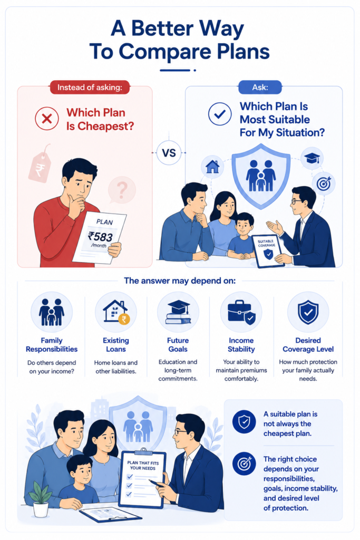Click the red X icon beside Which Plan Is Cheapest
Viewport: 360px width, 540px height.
47,119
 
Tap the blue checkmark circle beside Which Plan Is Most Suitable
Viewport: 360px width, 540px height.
220,114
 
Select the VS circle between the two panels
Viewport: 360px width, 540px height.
169,152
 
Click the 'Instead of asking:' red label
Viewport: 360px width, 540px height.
90,88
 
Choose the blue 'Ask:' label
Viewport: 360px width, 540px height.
260,88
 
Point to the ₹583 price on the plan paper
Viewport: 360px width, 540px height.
100,236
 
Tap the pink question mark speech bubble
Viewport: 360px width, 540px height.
121,190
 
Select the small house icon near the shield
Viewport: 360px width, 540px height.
212,167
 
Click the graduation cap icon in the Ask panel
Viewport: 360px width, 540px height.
312,158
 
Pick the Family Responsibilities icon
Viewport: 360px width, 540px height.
52,312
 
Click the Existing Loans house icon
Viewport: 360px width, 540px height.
116,312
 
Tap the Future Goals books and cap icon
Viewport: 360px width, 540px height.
178,312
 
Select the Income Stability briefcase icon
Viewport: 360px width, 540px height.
241,312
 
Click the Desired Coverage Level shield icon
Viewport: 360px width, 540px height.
308,312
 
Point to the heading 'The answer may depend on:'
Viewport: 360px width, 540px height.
180,281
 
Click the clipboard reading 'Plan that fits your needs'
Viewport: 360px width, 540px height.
142,479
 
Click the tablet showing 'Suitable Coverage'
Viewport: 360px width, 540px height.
268,250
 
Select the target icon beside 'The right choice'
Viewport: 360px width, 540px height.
244,464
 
